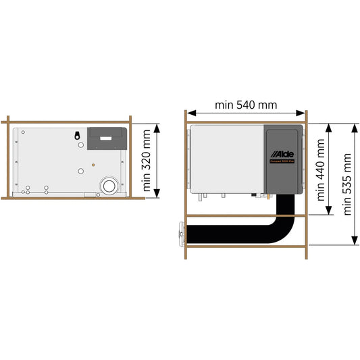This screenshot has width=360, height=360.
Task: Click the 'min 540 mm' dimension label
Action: pos(246,105)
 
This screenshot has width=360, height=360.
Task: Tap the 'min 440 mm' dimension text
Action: pos(322,170)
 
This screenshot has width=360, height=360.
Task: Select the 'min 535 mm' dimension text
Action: pos(348,184)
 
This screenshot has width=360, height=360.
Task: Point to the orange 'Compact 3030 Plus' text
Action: pos(284,159)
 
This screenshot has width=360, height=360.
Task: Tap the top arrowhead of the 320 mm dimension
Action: pos(157,126)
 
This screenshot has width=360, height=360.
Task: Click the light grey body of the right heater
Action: pos(226,159)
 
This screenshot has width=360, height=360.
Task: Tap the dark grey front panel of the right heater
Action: pos(283,176)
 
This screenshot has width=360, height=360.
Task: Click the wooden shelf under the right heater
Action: pos(246,216)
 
